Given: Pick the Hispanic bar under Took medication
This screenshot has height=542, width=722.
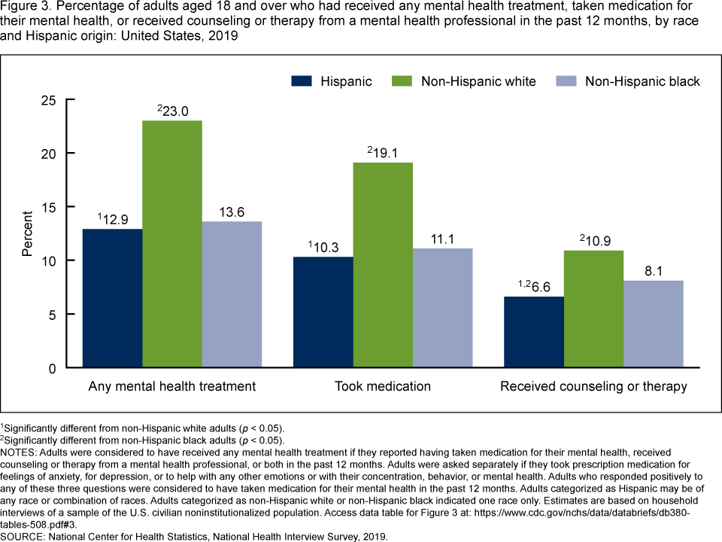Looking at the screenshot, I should click(x=323, y=312).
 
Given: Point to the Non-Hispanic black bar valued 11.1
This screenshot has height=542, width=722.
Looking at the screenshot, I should click(x=443, y=308).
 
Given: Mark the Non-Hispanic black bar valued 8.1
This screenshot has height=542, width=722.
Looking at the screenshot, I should click(x=654, y=324).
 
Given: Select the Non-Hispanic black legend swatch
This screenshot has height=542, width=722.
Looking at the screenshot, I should click(x=566, y=81).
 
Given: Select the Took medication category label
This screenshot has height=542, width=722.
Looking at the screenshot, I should click(x=383, y=387).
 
